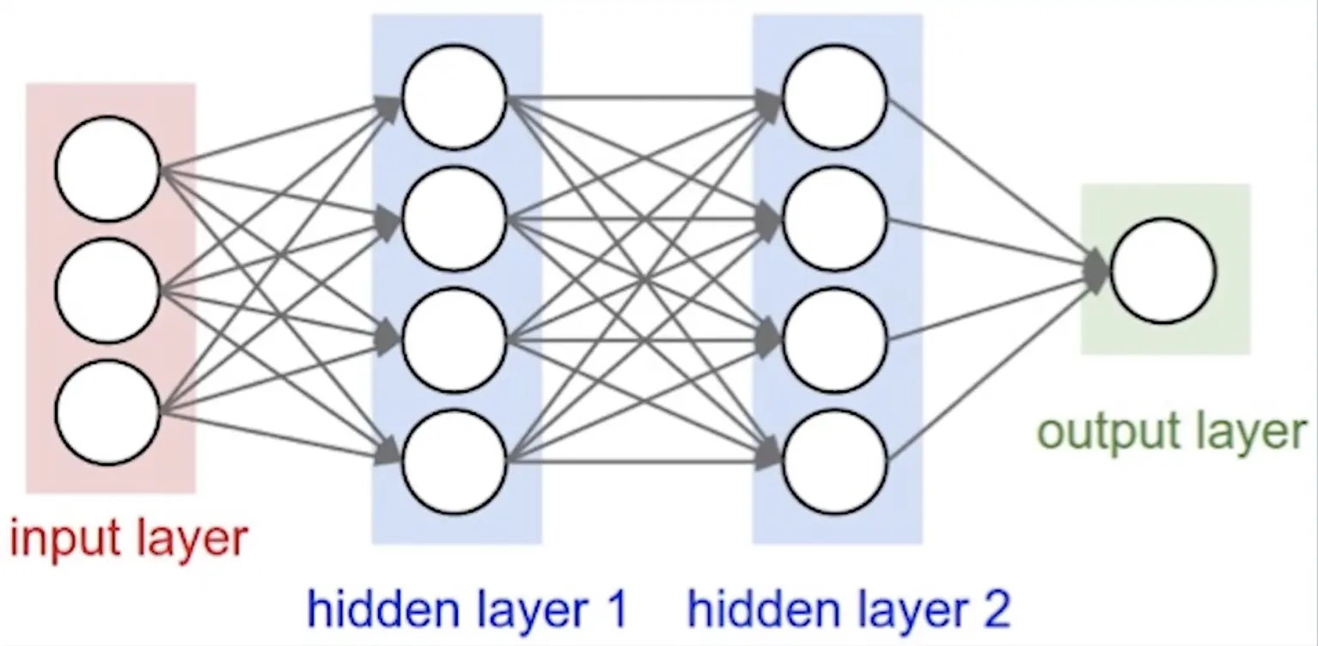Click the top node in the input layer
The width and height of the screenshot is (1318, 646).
click(x=107, y=169)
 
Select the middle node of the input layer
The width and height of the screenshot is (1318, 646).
click(x=107, y=291)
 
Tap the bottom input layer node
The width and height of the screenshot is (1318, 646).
click(x=107, y=413)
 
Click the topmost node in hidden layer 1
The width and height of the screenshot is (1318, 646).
click(x=455, y=97)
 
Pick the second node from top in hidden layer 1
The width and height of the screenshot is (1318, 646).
click(x=455, y=219)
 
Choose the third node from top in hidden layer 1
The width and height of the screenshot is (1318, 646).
click(x=455, y=341)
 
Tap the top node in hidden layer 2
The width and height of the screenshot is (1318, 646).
click(x=835, y=97)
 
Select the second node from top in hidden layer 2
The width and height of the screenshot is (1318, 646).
click(x=835, y=219)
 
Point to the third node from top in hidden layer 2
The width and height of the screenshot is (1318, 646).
click(x=835, y=341)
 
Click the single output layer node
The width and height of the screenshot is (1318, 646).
click(x=1163, y=271)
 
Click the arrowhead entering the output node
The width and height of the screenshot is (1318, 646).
click(x=1097, y=270)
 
